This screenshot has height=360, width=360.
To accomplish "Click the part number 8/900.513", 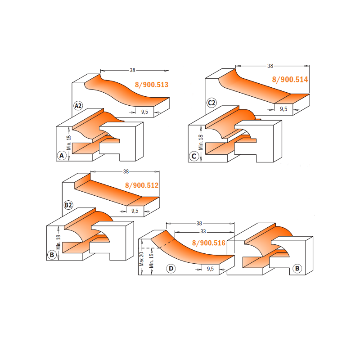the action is click(x=152, y=85).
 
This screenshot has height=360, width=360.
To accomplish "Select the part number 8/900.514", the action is click(x=290, y=80).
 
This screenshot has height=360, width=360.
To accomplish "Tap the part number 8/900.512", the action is click(x=142, y=185).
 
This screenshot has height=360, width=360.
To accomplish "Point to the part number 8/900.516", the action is click(x=209, y=243).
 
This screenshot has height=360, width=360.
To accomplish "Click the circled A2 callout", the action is click(x=78, y=106).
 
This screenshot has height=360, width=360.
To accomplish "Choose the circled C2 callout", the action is click(x=211, y=103).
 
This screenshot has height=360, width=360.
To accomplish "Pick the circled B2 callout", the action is click(x=68, y=205).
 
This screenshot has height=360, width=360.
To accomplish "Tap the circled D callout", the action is click(x=171, y=268).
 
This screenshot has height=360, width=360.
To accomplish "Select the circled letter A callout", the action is click(x=62, y=156).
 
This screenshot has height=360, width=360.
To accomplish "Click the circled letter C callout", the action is click(x=194, y=156).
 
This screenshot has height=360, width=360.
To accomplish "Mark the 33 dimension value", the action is click(x=203, y=231).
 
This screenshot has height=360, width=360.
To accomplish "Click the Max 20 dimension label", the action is click(x=141, y=259).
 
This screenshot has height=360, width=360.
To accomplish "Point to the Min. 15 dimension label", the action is click(x=151, y=261).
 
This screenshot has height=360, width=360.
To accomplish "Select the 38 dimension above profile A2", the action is click(x=132, y=70).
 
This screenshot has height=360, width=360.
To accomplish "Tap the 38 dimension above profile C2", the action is click(x=270, y=66).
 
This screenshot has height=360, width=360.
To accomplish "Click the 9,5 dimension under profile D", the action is click(x=210, y=269).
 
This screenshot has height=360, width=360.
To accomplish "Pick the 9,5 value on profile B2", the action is click(x=135, y=211).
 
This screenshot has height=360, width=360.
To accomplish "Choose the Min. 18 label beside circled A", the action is click(x=69, y=143).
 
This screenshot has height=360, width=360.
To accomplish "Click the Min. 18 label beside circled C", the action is click(x=201, y=142).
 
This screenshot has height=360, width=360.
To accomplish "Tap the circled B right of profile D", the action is click(x=297, y=268).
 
